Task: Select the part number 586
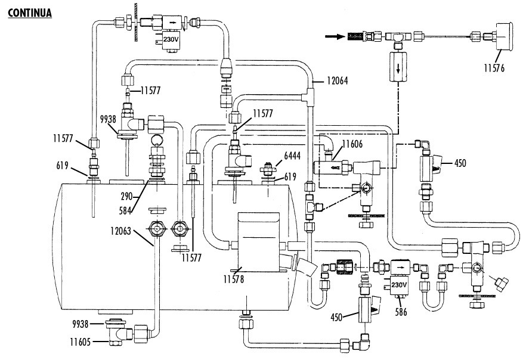click(x=401, y=311)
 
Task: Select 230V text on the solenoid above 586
click(x=398, y=285)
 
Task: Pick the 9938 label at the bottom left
click(x=80, y=323)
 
